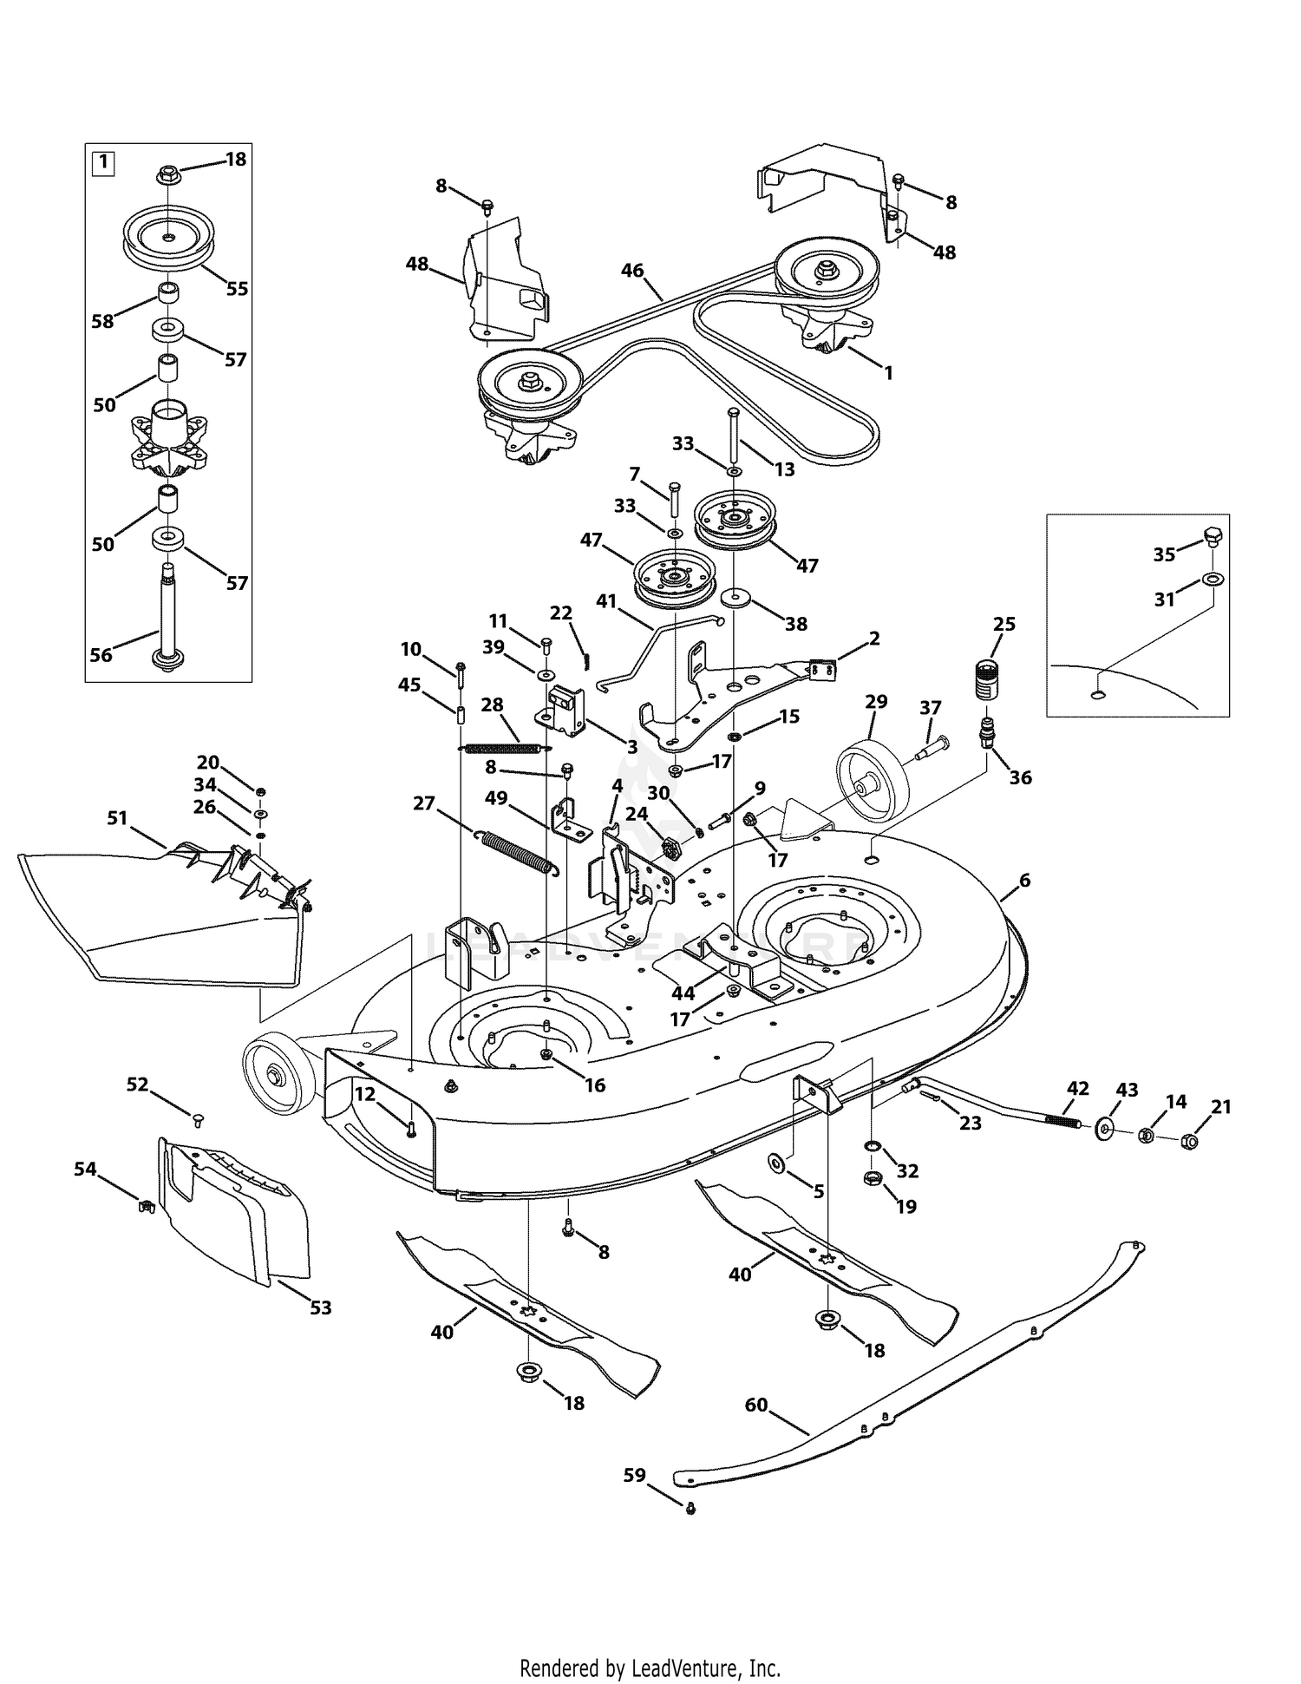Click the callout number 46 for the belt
tap(632, 271)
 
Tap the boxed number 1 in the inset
tap(103, 161)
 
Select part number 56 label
tap(101, 655)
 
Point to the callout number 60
tap(756, 1404)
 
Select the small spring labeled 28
tap(505, 749)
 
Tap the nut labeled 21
tap(1191, 1142)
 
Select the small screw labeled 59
tap(690, 1509)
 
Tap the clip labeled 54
tap(147, 1204)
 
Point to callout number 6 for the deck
tap(1025, 881)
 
